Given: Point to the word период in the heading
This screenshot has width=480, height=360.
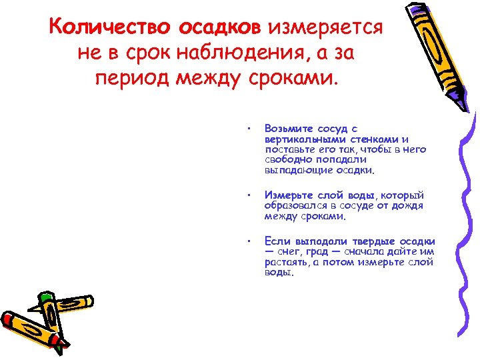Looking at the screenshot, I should pyautogui.click(x=132, y=80).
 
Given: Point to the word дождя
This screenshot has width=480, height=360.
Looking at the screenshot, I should pyautogui.click(x=407, y=206).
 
